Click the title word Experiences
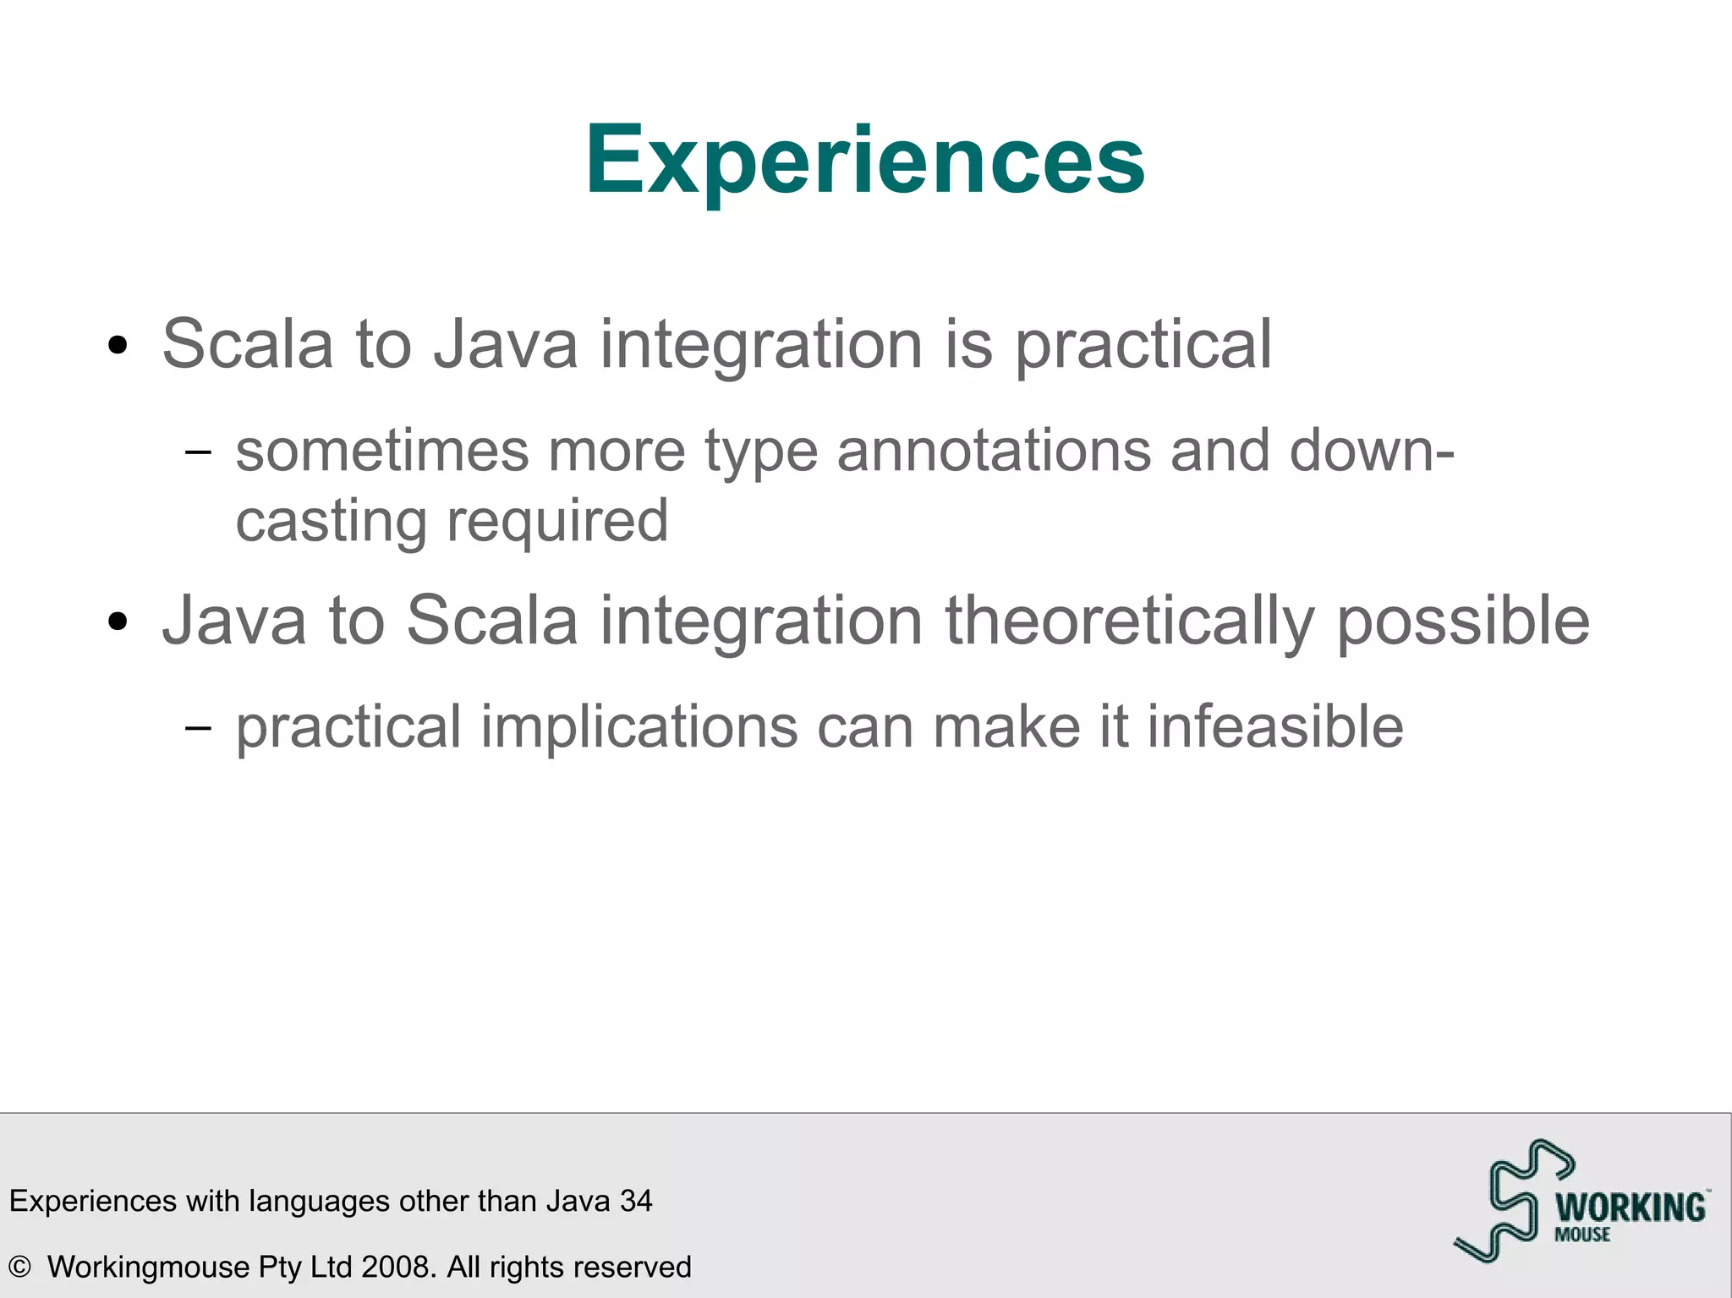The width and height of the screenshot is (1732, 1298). click(864, 161)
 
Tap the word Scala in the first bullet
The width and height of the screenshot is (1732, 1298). click(247, 345)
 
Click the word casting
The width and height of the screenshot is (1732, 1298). click(331, 523)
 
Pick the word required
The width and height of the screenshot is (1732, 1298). click(557, 523)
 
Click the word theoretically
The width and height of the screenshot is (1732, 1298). click(1129, 622)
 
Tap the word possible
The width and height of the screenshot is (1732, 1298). click(1462, 622)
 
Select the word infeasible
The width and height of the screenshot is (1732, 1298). click(1274, 727)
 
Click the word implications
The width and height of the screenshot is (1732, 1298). click(639, 727)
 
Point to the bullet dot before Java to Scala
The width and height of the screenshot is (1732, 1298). click(118, 622)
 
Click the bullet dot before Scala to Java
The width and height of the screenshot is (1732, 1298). click(118, 346)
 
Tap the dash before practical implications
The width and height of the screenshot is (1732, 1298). click(198, 728)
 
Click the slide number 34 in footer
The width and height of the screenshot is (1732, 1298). click(636, 1201)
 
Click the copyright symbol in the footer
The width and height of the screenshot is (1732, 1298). click(19, 1267)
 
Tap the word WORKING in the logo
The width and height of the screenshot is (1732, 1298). click(1631, 1207)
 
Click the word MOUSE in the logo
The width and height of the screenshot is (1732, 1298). click(1582, 1235)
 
